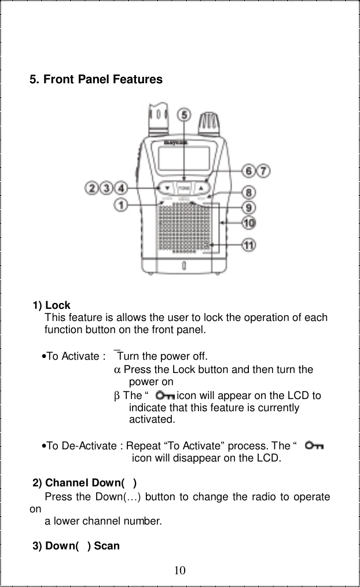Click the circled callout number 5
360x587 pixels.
click(x=184, y=115)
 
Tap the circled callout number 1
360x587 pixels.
click(x=120, y=205)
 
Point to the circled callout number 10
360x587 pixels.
click(x=250, y=222)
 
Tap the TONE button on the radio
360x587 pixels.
click(x=184, y=189)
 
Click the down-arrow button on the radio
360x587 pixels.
click(x=167, y=189)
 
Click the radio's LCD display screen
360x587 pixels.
click(x=183, y=157)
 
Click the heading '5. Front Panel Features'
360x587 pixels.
click(x=96, y=79)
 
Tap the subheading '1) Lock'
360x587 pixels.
click(x=52, y=305)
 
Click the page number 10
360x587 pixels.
click(x=180, y=571)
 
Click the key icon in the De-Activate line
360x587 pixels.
click(x=315, y=446)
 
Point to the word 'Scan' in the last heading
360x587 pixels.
click(x=106, y=545)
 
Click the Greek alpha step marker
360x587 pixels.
click(x=116, y=370)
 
